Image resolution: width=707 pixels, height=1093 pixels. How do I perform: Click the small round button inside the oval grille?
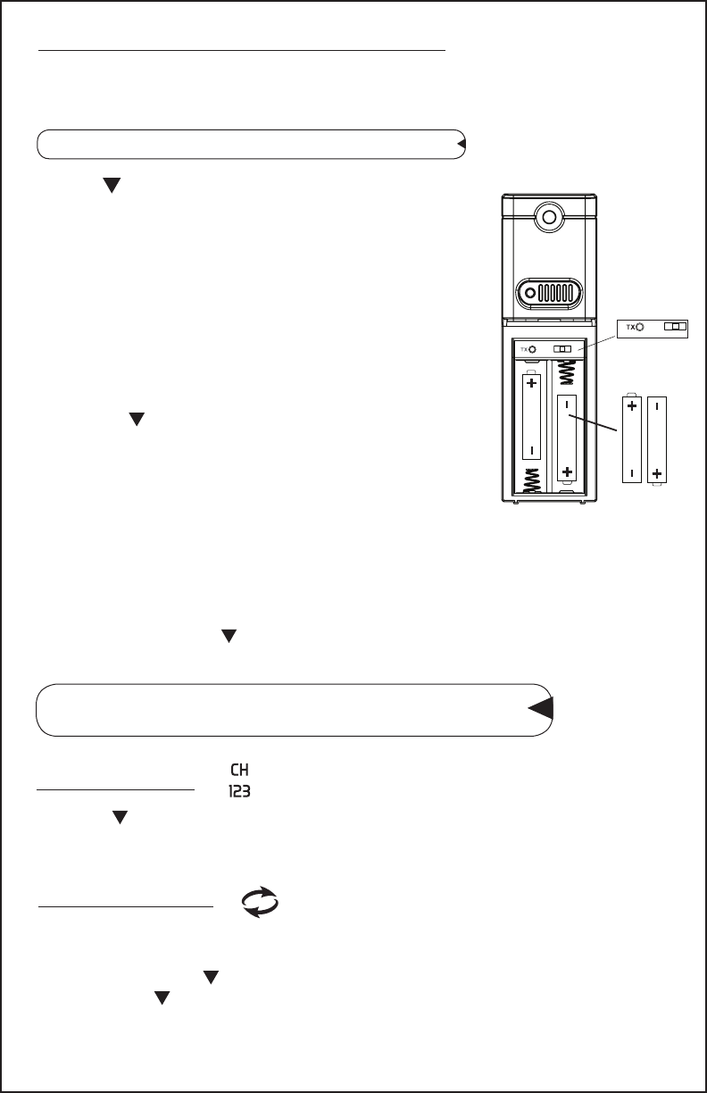(x=530, y=293)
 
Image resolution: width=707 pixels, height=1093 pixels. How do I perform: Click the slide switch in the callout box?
(x=676, y=328)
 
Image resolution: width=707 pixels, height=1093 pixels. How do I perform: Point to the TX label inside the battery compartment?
(x=526, y=348)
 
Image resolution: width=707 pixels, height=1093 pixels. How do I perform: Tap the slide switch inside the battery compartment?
(x=562, y=348)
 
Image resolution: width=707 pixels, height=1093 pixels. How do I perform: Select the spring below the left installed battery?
(x=531, y=480)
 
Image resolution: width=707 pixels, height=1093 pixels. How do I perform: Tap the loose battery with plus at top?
(x=632, y=438)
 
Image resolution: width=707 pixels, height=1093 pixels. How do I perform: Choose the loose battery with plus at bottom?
(x=658, y=438)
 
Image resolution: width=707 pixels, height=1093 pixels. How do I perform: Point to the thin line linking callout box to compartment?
(x=597, y=338)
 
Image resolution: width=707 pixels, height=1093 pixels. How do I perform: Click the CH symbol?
(x=238, y=771)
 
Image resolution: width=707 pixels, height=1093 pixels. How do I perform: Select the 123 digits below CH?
(x=238, y=790)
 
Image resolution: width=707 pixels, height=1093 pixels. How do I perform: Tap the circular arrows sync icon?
(x=260, y=903)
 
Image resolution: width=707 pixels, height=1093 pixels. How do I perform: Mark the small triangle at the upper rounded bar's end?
(x=461, y=143)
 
